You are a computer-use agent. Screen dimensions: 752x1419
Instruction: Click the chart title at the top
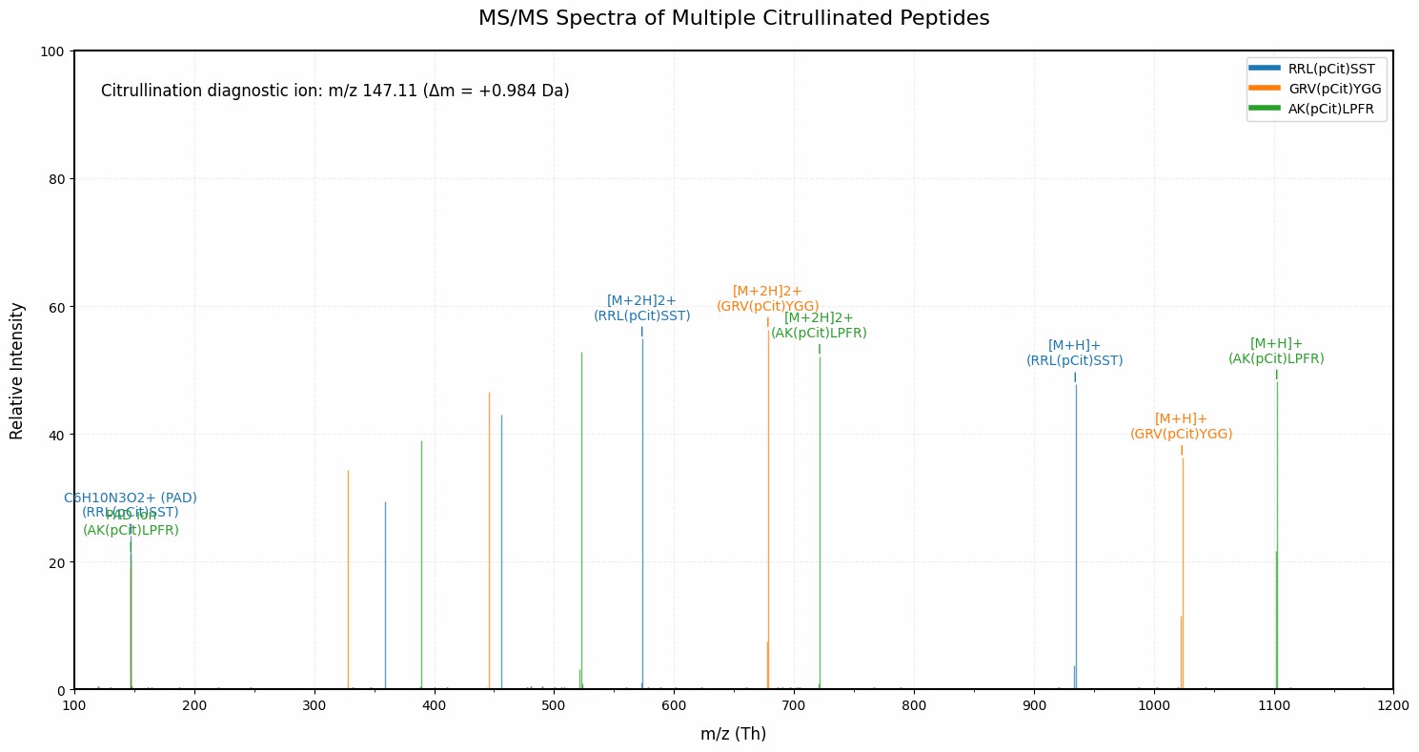click(x=734, y=18)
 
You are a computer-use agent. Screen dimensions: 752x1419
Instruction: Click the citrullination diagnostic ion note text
click(x=334, y=91)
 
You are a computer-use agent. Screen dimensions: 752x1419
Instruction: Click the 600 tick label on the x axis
click(x=674, y=706)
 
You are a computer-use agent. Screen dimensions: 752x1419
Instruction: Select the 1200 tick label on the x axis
click(x=1392, y=706)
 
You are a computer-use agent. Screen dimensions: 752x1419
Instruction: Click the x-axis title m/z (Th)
click(x=733, y=734)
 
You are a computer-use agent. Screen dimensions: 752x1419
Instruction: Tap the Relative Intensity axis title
click(x=17, y=371)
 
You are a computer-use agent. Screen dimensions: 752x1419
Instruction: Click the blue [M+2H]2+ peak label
click(x=641, y=308)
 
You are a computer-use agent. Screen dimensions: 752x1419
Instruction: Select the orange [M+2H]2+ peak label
click(x=767, y=298)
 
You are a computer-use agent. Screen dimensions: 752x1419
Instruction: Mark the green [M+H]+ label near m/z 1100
click(x=1276, y=351)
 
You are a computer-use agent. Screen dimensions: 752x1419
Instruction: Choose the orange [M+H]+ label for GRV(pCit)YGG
click(x=1181, y=426)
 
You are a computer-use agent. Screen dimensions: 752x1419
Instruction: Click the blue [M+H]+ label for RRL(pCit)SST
click(x=1074, y=353)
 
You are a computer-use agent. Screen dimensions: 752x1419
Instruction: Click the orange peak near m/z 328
click(x=348, y=581)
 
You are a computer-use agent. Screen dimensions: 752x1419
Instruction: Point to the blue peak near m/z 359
click(x=385, y=596)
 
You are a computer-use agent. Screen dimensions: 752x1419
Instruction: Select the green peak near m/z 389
click(x=421, y=567)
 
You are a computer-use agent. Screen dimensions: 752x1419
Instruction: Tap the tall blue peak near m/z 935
click(x=1076, y=534)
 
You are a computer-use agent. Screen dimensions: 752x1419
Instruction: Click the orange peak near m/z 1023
click(x=1183, y=572)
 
